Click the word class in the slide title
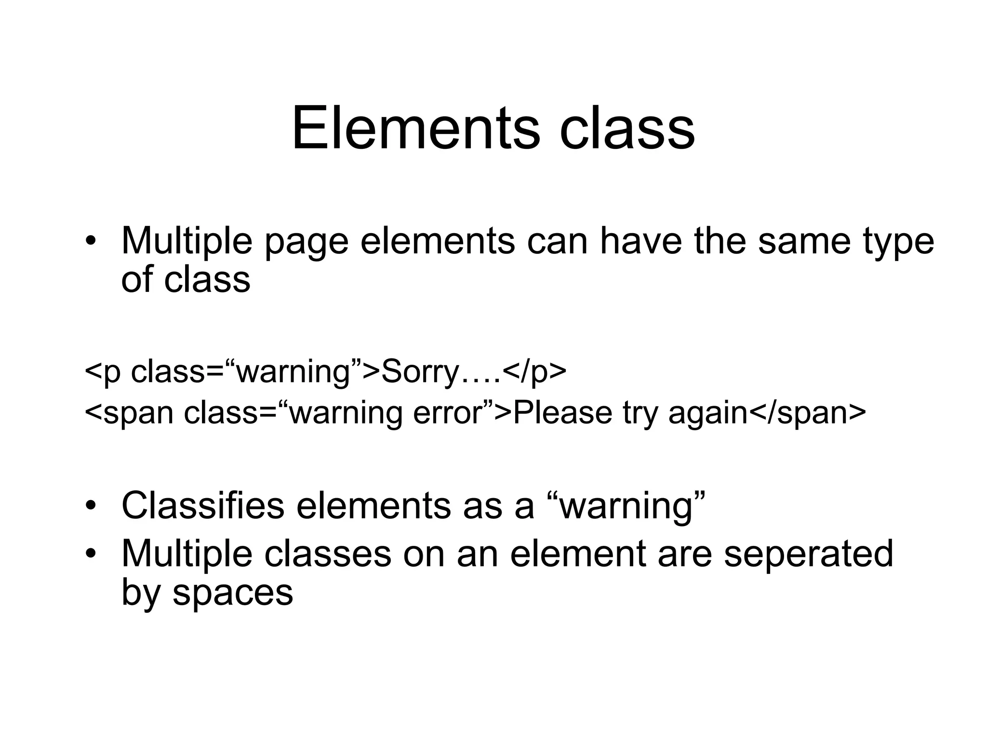coord(627,129)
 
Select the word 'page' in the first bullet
coord(306,242)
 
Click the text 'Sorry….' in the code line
coord(441,371)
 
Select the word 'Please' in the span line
coord(562,413)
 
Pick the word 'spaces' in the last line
coord(233,593)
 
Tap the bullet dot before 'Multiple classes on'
coord(90,554)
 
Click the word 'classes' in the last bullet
coord(328,554)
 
